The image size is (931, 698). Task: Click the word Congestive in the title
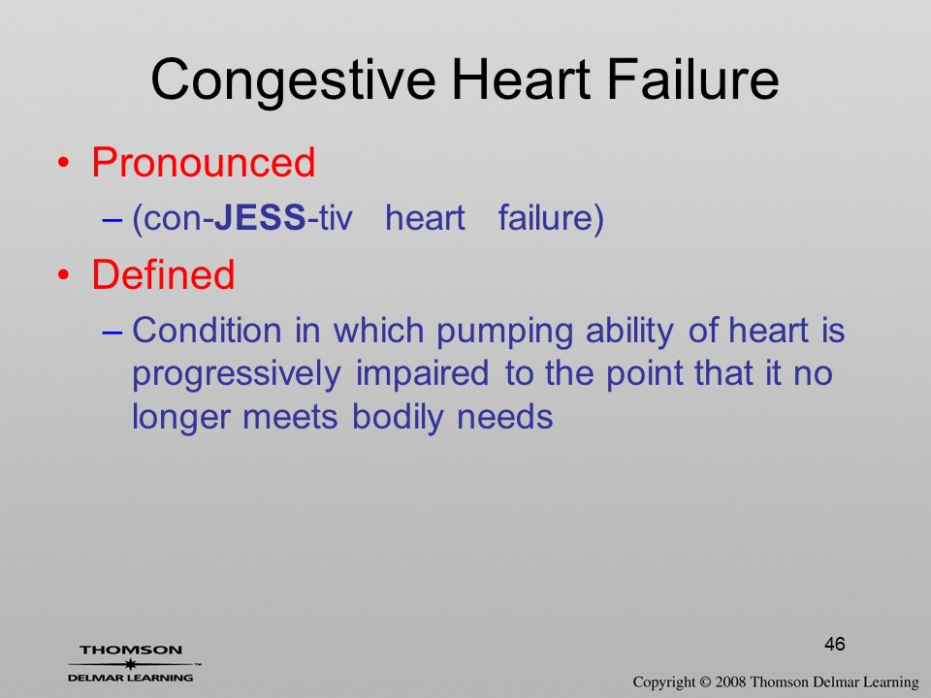(x=293, y=81)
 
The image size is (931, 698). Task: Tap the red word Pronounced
(x=203, y=162)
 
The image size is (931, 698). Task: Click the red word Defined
(x=163, y=274)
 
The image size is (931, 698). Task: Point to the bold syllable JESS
(x=260, y=217)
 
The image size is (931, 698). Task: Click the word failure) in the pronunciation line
(x=551, y=218)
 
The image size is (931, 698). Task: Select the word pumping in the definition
(x=504, y=332)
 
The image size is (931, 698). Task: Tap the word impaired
(x=422, y=374)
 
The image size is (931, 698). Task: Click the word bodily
(x=398, y=417)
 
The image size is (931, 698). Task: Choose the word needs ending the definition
(x=504, y=418)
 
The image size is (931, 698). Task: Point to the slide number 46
(x=834, y=644)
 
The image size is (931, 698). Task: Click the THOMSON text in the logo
(x=131, y=650)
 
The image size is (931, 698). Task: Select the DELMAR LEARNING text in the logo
(x=131, y=678)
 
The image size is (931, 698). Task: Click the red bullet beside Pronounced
(x=64, y=163)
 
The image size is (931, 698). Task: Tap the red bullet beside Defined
(x=64, y=274)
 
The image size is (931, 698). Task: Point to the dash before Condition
(x=112, y=333)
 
